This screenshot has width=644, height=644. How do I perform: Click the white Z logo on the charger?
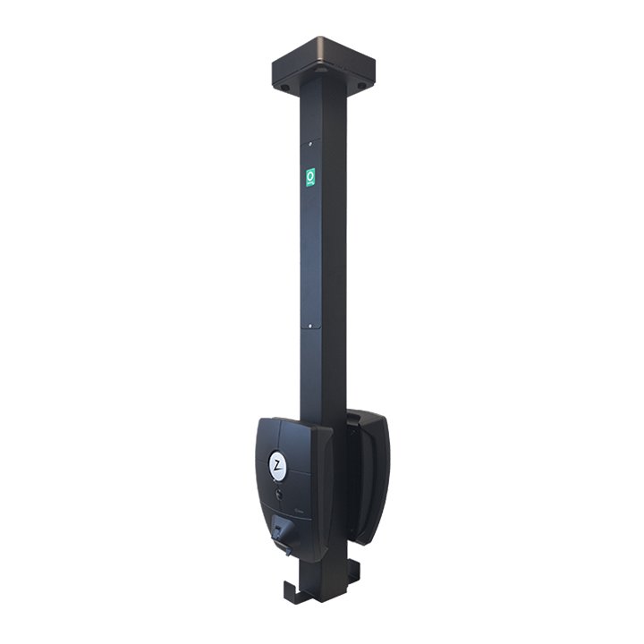277,466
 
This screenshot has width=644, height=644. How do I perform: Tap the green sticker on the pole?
309,176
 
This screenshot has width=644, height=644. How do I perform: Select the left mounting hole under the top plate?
284,89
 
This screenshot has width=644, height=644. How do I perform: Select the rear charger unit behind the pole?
369,474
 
